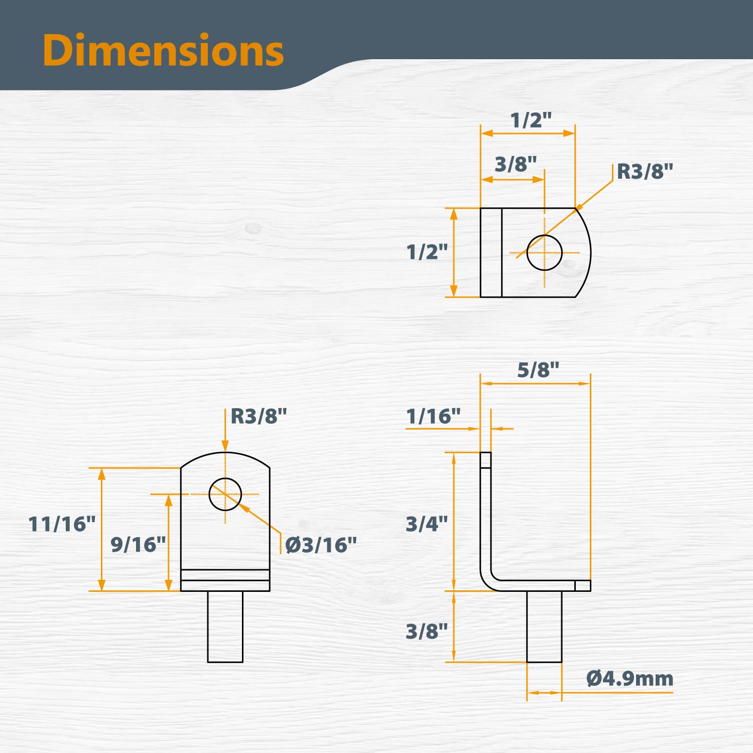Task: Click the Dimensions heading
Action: tap(163, 51)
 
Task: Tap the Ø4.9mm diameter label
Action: tap(630, 679)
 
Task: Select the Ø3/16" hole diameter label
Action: tap(321, 545)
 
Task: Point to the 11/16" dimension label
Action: tap(62, 524)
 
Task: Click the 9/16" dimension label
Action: tap(138, 545)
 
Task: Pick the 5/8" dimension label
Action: tap(538, 370)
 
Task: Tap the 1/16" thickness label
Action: tap(433, 416)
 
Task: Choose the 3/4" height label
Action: tap(427, 524)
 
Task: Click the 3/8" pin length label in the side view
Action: tap(427, 631)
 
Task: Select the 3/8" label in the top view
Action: tap(516, 164)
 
